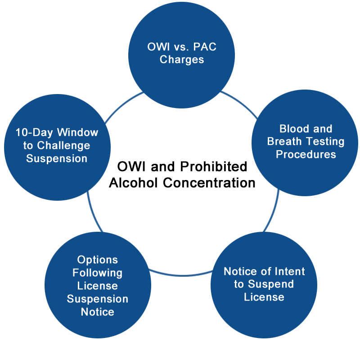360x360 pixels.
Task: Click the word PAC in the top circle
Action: click(205, 47)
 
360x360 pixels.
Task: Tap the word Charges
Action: click(182, 60)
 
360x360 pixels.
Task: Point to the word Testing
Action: click(325, 142)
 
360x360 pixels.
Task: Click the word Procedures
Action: click(306, 154)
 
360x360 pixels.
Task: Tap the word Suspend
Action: click(271, 284)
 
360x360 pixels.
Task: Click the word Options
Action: click(98, 260)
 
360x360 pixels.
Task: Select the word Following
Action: click(98, 273)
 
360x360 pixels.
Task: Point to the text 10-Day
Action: click(34, 133)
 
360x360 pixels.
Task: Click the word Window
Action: click(77, 132)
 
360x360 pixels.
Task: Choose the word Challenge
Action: click(63, 145)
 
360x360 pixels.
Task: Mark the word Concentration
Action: click(209, 183)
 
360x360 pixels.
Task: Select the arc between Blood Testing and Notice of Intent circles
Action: click(273, 211)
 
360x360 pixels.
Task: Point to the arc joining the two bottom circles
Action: click(181, 274)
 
